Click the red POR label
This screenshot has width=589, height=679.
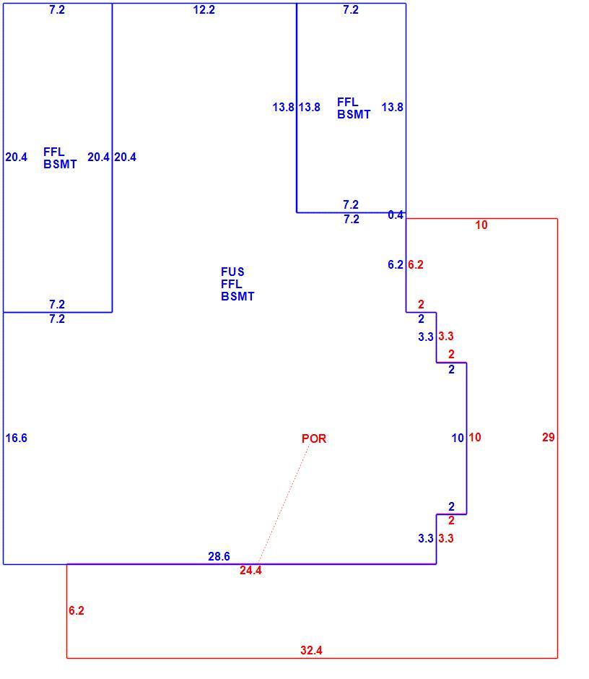click(314, 438)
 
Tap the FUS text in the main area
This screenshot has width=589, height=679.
click(232, 272)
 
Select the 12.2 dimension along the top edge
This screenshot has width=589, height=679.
click(204, 9)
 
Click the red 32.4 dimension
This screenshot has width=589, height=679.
click(311, 650)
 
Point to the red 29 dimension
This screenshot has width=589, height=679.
click(549, 437)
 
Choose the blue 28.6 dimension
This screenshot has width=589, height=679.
click(219, 556)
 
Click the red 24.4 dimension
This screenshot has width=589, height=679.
click(250, 571)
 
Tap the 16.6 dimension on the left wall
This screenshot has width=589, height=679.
click(16, 438)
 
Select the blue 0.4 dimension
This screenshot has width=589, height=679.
click(396, 215)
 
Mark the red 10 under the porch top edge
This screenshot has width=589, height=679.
click(481, 225)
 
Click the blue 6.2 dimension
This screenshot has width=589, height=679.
click(395, 264)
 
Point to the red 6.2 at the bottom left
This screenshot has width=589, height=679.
click(77, 610)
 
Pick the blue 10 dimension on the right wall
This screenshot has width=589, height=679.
click(458, 438)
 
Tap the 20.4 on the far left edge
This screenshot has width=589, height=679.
click(16, 157)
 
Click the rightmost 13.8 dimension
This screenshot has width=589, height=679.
click(392, 107)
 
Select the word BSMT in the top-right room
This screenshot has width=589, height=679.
click(354, 114)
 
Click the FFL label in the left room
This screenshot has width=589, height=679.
click(53, 152)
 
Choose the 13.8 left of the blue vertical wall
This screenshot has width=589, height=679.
click(283, 107)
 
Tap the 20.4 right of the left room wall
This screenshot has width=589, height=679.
click(125, 157)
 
